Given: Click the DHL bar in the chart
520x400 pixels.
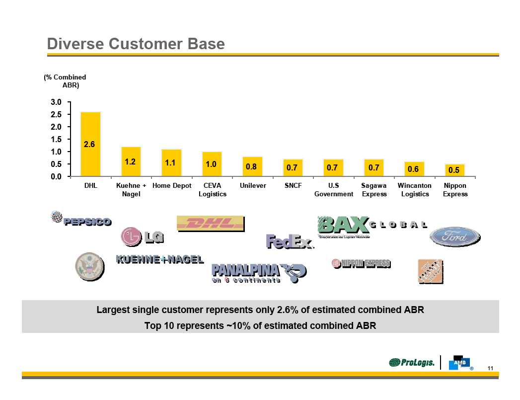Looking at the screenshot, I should (90, 144).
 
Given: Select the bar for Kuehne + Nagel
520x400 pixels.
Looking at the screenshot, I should (131, 161).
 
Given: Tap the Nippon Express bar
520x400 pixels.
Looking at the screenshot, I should (454, 170).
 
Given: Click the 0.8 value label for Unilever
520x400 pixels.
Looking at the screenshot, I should (252, 167).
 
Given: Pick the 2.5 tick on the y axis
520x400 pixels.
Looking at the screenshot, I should (56, 114).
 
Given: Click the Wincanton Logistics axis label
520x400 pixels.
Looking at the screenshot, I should (415, 189).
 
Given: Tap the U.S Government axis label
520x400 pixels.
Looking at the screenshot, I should (334, 189).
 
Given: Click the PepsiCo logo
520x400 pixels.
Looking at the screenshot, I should (81, 220).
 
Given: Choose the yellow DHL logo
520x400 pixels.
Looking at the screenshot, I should (211, 224).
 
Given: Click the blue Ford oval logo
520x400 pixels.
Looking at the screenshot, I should (454, 237).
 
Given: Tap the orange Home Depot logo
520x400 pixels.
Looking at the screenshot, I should (430, 271).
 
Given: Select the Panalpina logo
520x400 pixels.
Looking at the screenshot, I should (259, 272).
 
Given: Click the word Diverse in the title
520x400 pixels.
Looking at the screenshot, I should (74, 44).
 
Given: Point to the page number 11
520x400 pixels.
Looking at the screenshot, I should (490, 368).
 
